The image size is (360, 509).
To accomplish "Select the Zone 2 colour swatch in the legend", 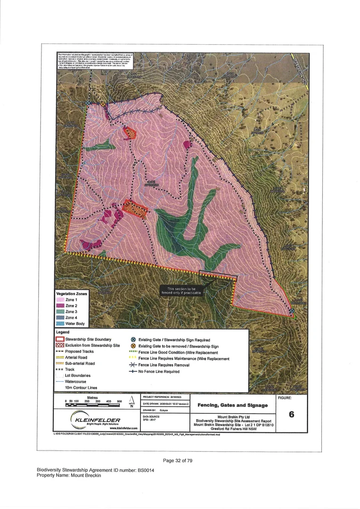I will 60,306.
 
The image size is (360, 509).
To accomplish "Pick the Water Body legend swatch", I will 60,324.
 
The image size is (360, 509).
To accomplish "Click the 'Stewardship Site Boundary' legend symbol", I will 60,339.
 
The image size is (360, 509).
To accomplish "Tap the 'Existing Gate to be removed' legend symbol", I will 133,345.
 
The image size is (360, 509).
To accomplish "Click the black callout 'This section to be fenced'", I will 182,290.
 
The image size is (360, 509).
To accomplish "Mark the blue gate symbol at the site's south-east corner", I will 292,311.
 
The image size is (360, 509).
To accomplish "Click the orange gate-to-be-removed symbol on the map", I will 103,104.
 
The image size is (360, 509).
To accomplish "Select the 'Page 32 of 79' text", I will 180,460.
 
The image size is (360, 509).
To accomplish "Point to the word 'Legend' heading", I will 63,332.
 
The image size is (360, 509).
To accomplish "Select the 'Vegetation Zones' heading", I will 72,294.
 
